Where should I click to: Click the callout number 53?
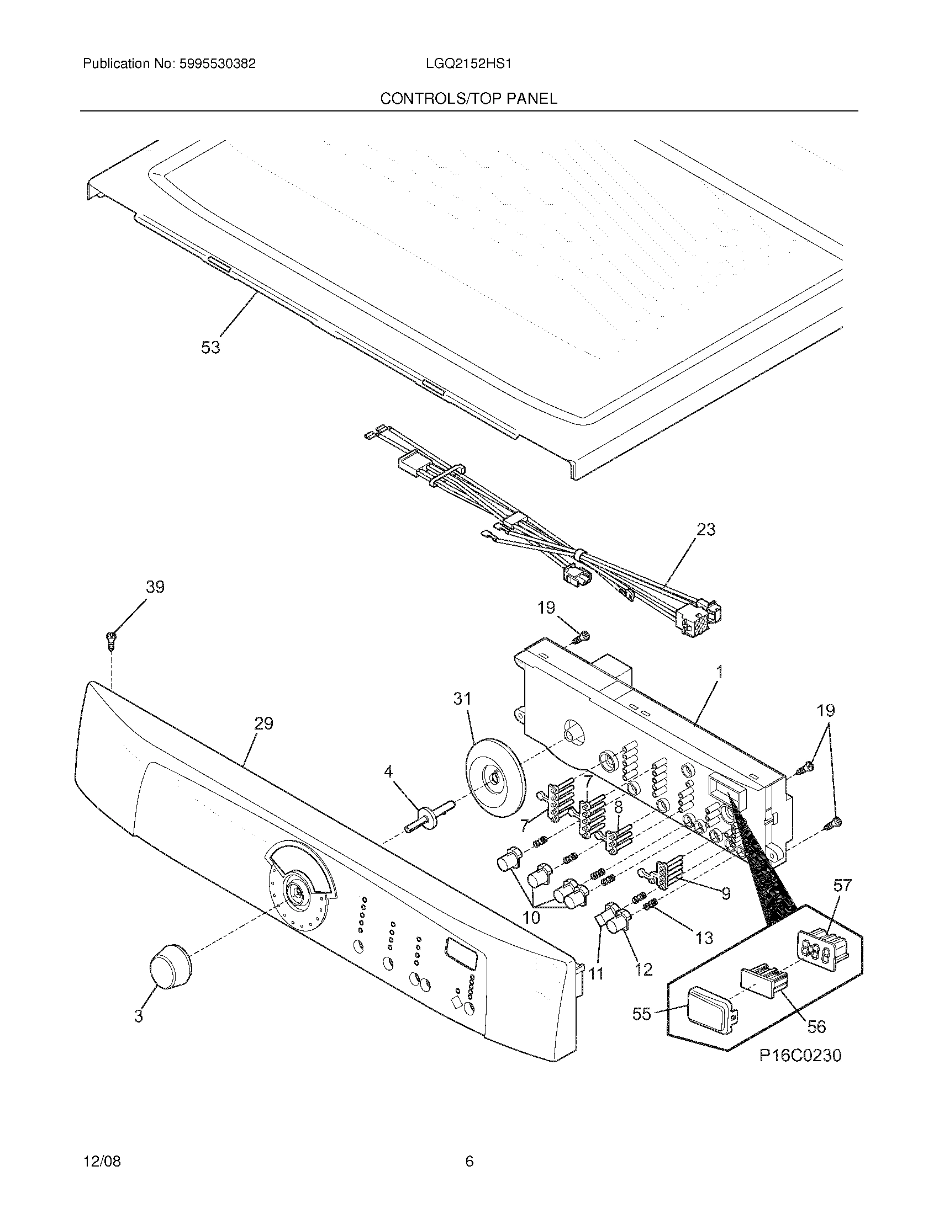(x=210, y=348)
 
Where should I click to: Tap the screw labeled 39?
(x=110, y=640)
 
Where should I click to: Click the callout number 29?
(x=263, y=723)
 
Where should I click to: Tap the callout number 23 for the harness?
(x=706, y=530)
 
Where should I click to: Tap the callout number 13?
(x=704, y=938)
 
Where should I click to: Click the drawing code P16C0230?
(x=800, y=1071)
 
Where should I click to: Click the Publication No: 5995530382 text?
(x=169, y=64)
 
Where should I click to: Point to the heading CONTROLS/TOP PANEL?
(x=468, y=99)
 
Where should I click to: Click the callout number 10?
(x=531, y=917)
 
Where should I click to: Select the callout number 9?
(x=725, y=893)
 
